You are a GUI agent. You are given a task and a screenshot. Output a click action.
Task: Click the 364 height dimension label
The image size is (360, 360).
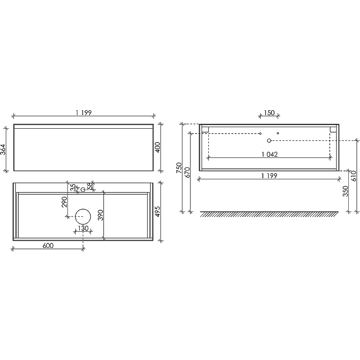tap(3, 149)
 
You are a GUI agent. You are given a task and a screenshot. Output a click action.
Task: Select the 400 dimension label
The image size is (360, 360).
tap(158, 148)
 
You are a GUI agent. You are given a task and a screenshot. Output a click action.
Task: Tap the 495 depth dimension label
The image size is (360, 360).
tap(158, 211)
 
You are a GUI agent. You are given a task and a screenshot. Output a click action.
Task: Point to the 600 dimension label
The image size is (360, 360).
tap(48, 246)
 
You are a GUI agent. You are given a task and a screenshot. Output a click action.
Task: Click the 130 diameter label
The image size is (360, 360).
tap(83, 228)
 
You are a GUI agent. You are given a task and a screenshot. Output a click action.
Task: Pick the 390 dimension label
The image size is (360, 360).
tap(100, 215)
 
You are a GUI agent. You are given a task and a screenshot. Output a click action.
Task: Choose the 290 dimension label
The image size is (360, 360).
tap(64, 202)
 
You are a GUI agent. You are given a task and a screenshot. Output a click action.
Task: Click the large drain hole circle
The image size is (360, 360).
tap(83, 216)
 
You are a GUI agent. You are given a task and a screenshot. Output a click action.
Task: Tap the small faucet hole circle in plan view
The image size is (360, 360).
tap(83, 189)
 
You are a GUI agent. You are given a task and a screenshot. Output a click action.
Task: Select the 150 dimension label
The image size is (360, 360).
tap(269, 113)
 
